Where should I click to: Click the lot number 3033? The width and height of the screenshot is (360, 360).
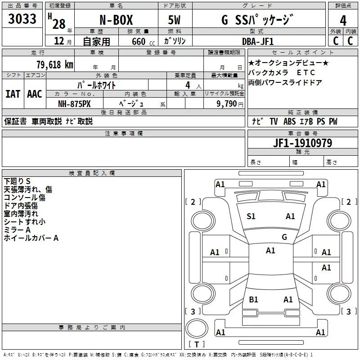pos(22,19)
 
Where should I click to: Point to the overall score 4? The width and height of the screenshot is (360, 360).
pos(343,20)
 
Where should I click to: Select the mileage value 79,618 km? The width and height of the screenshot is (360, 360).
pos(54,64)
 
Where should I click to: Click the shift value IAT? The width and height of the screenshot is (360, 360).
pos(13,94)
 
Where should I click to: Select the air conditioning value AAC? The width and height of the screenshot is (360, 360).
pos(34,94)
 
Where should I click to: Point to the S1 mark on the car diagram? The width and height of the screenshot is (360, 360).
pos(251,216)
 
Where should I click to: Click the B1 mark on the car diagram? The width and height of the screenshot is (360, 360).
pos(253,299)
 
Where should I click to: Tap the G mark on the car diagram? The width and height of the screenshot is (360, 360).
pos(284,237)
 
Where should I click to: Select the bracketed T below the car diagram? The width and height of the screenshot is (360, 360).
pos(197,345)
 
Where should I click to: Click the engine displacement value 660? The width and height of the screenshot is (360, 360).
pos(139,41)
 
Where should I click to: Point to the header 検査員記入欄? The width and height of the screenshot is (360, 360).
pos(92,173)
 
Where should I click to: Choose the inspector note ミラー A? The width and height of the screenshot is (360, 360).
pos(17,230)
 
